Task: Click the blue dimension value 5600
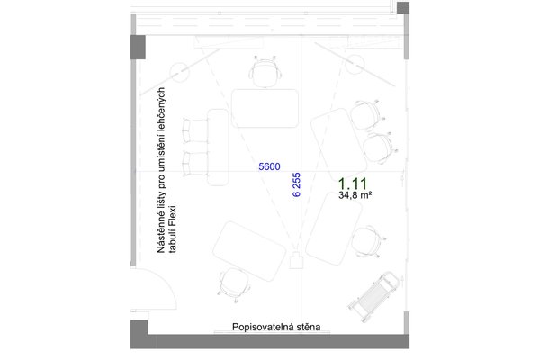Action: click(269, 166)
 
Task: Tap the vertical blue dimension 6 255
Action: click(296, 185)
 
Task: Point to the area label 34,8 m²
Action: click(357, 194)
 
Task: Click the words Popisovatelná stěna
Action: click(276, 328)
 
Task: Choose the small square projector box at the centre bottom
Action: click(295, 261)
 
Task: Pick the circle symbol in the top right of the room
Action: click(355, 64)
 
